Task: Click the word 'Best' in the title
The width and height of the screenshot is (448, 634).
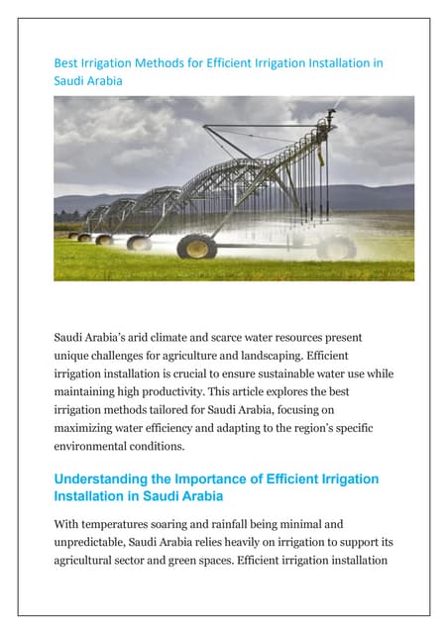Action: coord(64,63)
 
